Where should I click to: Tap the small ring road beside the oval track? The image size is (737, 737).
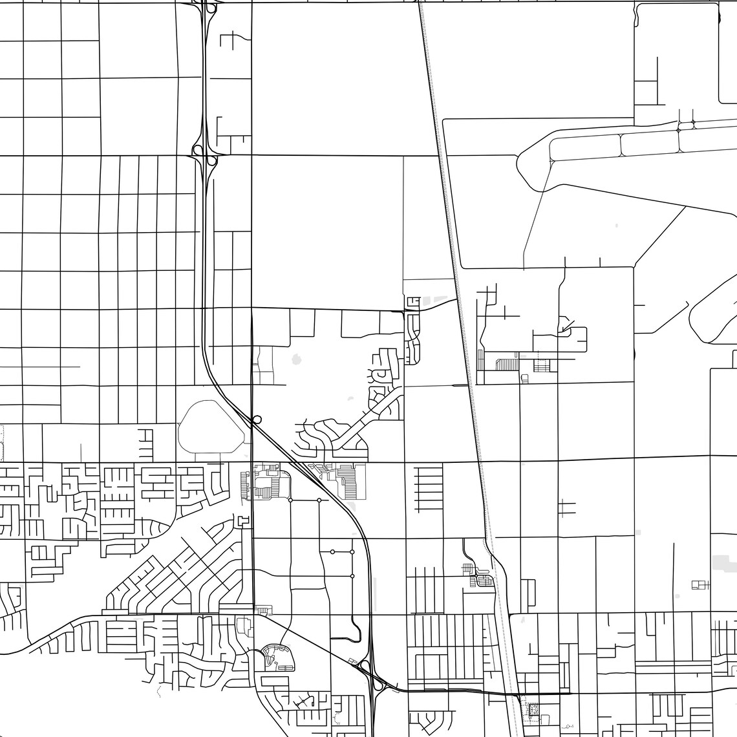coord(257,420)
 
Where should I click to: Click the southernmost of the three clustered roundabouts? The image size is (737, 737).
coord(352,575)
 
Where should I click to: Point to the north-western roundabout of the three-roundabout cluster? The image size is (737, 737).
coord(332,551)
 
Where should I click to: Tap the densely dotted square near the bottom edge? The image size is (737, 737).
coord(534,709)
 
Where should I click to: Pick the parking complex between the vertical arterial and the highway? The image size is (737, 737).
coord(270,482)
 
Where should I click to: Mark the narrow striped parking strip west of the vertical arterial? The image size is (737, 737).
coord(244,485)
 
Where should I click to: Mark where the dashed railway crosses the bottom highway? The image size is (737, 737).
coord(517,694)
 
